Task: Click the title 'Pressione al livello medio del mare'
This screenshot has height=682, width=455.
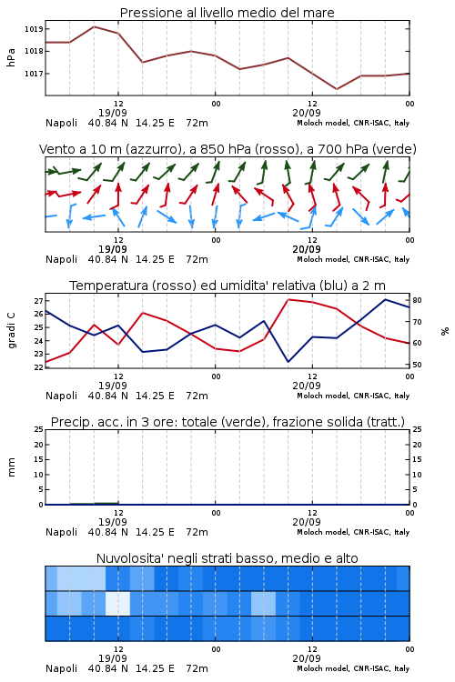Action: point(227,13)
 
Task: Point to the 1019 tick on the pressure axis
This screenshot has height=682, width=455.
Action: point(34,29)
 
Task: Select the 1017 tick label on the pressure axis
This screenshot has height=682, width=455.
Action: point(34,74)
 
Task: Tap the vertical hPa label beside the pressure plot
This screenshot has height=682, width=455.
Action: point(11,57)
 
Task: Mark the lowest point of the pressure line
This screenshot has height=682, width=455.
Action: point(337,89)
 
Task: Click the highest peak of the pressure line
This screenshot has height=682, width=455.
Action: point(94,26)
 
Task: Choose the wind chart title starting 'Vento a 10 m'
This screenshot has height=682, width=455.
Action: point(227,149)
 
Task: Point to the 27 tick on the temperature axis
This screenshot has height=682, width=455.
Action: point(38,301)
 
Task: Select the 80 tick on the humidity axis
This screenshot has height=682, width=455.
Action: point(417,300)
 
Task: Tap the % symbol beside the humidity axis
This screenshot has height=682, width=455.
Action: point(445,331)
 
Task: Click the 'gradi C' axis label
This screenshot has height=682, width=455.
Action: point(11,331)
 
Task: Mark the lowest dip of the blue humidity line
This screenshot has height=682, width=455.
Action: point(288,362)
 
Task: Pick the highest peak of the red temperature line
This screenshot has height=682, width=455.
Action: point(288,299)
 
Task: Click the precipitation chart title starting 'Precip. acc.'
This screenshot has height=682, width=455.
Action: point(227,422)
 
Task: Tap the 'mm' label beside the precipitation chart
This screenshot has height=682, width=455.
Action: point(11,467)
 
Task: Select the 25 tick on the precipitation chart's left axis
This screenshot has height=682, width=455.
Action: point(39,429)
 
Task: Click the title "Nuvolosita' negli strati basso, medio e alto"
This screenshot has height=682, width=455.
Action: point(227,558)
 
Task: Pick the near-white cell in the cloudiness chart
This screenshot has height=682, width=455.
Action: point(118,603)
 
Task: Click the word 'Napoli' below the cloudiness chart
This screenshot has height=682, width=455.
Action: point(61,668)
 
